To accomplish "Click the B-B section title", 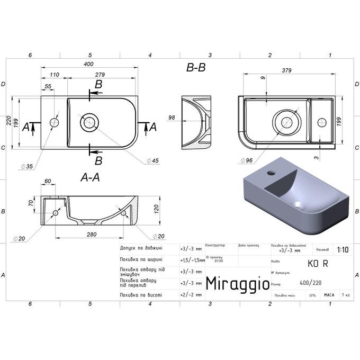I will pos(195,68).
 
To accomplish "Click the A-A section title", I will pos(89,178).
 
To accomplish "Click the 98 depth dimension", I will pos(172,118).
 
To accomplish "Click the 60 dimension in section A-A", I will pos(48,182).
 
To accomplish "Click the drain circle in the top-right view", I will pos(289,122).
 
